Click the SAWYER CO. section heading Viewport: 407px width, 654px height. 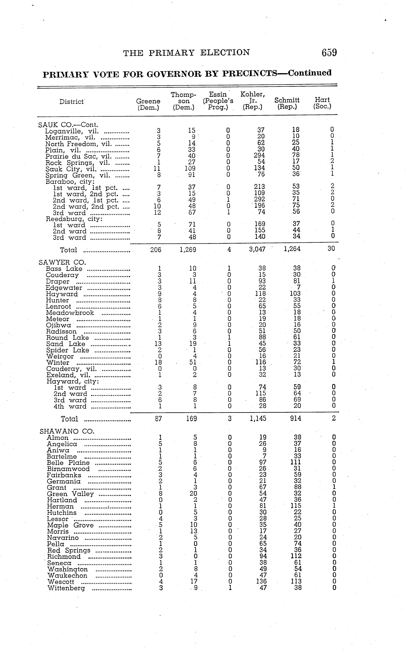point(62,262)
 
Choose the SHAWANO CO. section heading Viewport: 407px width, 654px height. point(67,431)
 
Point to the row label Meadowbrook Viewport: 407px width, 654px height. point(70,313)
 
